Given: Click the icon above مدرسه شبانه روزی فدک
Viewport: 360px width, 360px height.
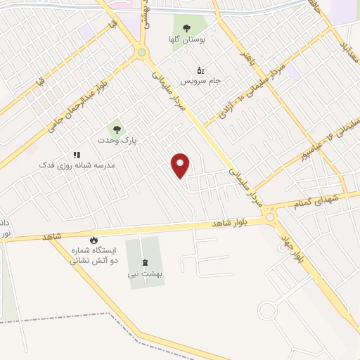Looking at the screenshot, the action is [x=77, y=155].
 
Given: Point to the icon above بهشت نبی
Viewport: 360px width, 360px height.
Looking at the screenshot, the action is [x=146, y=261].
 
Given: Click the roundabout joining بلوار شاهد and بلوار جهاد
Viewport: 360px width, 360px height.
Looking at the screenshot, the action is [x=271, y=219].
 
